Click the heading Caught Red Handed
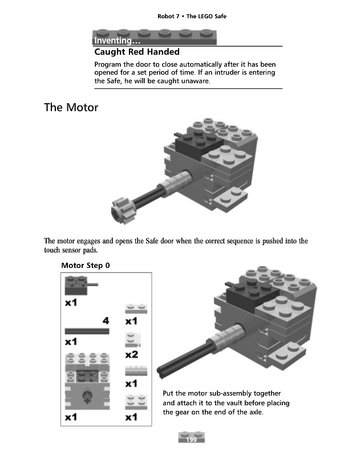(x=136, y=52)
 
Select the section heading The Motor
(x=71, y=107)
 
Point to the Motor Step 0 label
(x=86, y=265)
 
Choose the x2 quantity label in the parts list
(x=131, y=355)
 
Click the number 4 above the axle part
(x=106, y=321)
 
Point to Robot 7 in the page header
(x=168, y=17)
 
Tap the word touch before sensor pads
(x=54, y=250)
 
